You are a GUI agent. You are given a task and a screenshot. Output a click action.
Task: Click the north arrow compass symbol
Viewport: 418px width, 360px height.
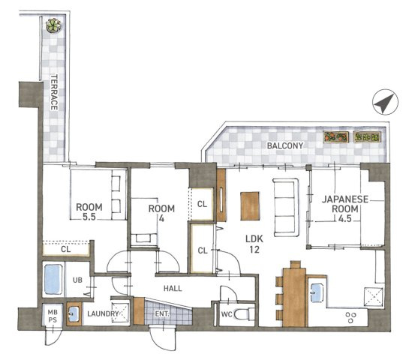point(385,102)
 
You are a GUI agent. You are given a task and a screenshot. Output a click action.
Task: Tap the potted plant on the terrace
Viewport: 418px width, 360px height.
point(53,25)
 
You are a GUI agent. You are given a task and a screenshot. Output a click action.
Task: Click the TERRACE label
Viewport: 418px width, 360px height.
point(54,92)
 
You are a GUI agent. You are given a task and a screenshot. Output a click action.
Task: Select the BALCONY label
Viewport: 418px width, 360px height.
point(285,145)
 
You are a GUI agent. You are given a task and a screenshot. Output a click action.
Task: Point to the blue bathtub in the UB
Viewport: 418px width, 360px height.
point(53,279)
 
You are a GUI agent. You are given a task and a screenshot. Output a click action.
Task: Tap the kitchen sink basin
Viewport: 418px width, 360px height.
point(317,292)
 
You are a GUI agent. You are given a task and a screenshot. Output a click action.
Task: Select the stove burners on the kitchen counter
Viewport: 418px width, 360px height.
point(350,317)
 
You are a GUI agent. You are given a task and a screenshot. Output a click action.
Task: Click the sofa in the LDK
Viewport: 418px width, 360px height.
point(286,207)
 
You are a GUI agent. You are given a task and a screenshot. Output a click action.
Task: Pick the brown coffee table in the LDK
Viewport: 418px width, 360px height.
point(250,206)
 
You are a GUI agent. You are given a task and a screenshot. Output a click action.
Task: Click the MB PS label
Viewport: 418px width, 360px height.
point(53,316)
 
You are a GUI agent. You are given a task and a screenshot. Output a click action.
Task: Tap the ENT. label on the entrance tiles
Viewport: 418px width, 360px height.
point(162,314)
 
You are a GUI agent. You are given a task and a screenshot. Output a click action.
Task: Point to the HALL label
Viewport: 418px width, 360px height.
point(173,288)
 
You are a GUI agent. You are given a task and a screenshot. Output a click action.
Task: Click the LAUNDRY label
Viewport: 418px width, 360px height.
point(103,313)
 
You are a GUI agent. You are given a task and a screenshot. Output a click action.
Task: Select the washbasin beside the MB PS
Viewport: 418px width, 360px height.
point(74,313)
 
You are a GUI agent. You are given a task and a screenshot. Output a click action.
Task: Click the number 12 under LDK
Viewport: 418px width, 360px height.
point(254,250)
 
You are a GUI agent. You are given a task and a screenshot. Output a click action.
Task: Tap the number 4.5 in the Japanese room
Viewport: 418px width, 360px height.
point(345,219)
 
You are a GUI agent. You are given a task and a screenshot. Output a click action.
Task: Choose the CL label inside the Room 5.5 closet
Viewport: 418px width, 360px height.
point(66,249)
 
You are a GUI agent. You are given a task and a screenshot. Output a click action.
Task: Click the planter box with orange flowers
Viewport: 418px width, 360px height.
point(336,137)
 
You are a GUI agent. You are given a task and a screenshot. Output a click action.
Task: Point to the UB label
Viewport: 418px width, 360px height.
point(77,280)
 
